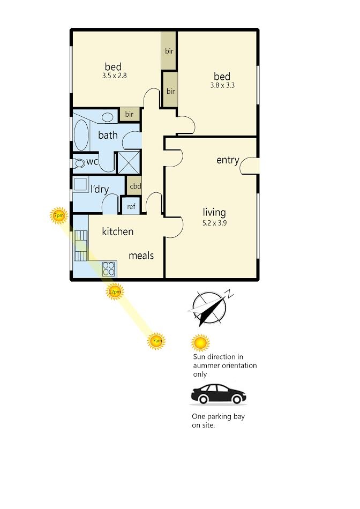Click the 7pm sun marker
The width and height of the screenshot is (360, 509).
[59, 215]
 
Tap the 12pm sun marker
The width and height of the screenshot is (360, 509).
[115, 291]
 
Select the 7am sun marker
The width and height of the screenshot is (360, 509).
[156, 341]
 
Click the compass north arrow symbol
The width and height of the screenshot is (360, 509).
[209, 308]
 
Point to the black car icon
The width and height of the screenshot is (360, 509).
[218, 394]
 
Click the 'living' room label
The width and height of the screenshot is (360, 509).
[214, 213]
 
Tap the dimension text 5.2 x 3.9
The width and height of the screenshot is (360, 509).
[215, 223]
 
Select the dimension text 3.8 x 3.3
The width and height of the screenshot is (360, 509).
[222, 85]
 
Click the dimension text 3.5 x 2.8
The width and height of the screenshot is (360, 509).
[114, 76]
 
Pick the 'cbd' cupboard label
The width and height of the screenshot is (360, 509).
[136, 186]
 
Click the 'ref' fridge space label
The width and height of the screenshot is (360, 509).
[131, 206]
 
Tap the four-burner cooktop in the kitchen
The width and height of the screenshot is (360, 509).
[109, 269]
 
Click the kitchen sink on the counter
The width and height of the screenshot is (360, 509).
[81, 246]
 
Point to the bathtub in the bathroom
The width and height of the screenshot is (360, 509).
[81, 136]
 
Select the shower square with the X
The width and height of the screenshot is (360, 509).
[129, 162]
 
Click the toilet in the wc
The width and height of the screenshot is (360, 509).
[78, 163]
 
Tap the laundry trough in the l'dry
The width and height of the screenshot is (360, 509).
[80, 185]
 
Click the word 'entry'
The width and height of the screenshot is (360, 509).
[228, 160]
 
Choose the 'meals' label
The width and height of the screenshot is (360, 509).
[141, 256]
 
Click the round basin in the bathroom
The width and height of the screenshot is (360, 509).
[107, 117]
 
